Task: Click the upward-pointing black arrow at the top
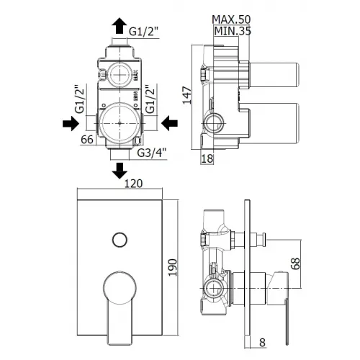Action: (x=120, y=26)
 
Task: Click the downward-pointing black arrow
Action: (x=120, y=171)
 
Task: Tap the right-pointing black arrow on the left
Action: (x=71, y=124)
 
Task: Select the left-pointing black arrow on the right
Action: (x=169, y=123)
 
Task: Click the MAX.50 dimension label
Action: (x=231, y=19)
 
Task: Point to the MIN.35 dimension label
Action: (x=233, y=31)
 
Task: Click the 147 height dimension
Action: (x=187, y=95)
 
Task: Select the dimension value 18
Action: (x=207, y=158)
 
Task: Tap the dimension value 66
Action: (x=87, y=140)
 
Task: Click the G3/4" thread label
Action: (x=152, y=153)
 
